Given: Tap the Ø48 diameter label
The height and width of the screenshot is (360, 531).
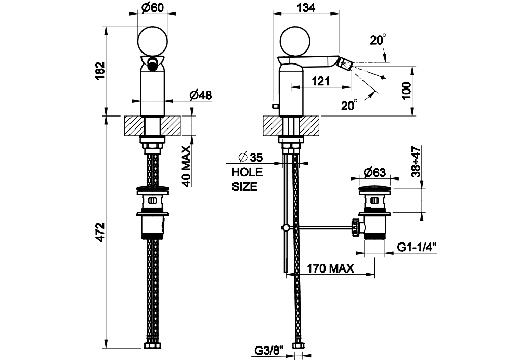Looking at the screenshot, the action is (x=200, y=95).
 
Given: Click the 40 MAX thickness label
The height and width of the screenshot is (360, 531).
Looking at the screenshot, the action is (x=186, y=165).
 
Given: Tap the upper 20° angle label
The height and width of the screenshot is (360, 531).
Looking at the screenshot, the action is (x=378, y=40).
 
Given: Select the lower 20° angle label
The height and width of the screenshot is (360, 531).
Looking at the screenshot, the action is (x=349, y=105).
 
